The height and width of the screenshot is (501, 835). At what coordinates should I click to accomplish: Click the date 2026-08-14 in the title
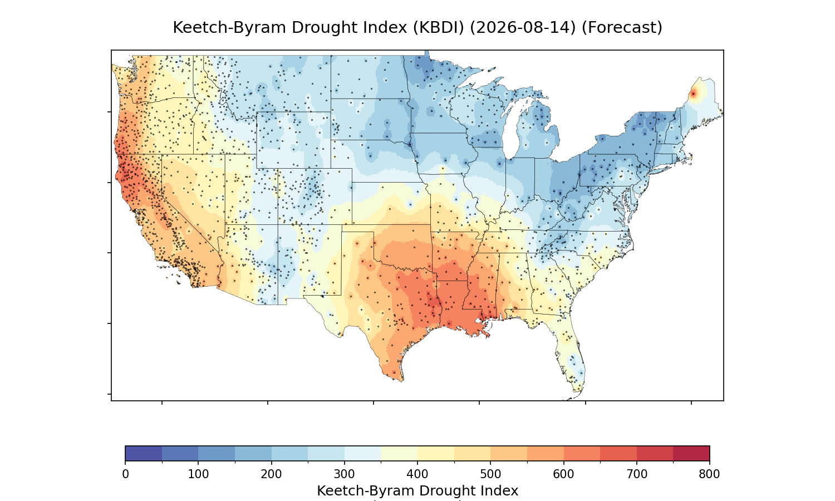point(523,28)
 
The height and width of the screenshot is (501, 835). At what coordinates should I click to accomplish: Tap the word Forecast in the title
point(621,28)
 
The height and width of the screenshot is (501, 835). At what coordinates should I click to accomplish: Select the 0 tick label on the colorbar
point(126,474)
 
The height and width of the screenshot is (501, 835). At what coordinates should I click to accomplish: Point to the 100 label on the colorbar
point(198,474)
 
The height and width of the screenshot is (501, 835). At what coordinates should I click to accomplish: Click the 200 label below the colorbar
point(272,474)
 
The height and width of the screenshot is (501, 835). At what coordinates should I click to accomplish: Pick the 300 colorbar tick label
point(345,474)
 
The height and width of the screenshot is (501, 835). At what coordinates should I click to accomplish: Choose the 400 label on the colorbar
point(417,474)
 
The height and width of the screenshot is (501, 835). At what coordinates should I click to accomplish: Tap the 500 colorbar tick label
point(490,474)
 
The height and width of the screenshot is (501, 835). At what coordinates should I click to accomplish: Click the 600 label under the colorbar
point(563,474)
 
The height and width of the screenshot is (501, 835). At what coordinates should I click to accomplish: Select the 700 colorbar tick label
point(637,474)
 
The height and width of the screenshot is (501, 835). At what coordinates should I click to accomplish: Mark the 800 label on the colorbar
point(709,474)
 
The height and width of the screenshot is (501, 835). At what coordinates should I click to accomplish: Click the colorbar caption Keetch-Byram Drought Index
point(417,491)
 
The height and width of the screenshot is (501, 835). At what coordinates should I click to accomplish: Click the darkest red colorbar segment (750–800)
point(691,453)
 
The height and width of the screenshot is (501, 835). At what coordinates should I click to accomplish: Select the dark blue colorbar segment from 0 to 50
point(144,453)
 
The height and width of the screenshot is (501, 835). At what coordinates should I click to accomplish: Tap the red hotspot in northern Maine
point(694,94)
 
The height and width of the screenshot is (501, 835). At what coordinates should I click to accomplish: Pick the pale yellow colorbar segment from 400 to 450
point(436,453)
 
